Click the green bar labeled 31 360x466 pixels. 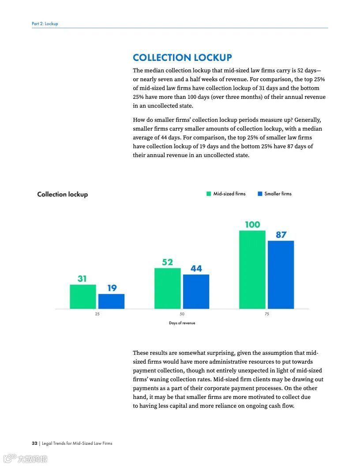pos(83,297)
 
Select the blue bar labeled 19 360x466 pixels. pos(111,301)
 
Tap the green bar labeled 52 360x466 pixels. pos(168,288)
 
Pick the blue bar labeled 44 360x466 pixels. pos(196,292)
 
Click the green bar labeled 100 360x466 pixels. pos(252,269)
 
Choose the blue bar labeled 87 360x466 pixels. pos(281,274)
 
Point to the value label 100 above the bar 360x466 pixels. pos(252,224)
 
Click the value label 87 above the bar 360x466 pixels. pos(281,235)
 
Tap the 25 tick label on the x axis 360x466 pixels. pos(97,314)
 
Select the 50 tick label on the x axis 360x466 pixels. pos(182,314)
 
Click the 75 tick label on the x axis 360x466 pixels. pos(266,314)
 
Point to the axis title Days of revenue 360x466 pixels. pos(182,323)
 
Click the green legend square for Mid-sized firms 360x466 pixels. pos(209,194)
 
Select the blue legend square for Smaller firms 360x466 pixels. pos(260,194)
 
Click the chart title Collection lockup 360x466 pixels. pos(62,194)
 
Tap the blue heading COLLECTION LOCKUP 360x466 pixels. pos(182,58)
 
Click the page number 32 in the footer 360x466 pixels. pos(34,443)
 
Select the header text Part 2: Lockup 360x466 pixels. pos(45,23)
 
